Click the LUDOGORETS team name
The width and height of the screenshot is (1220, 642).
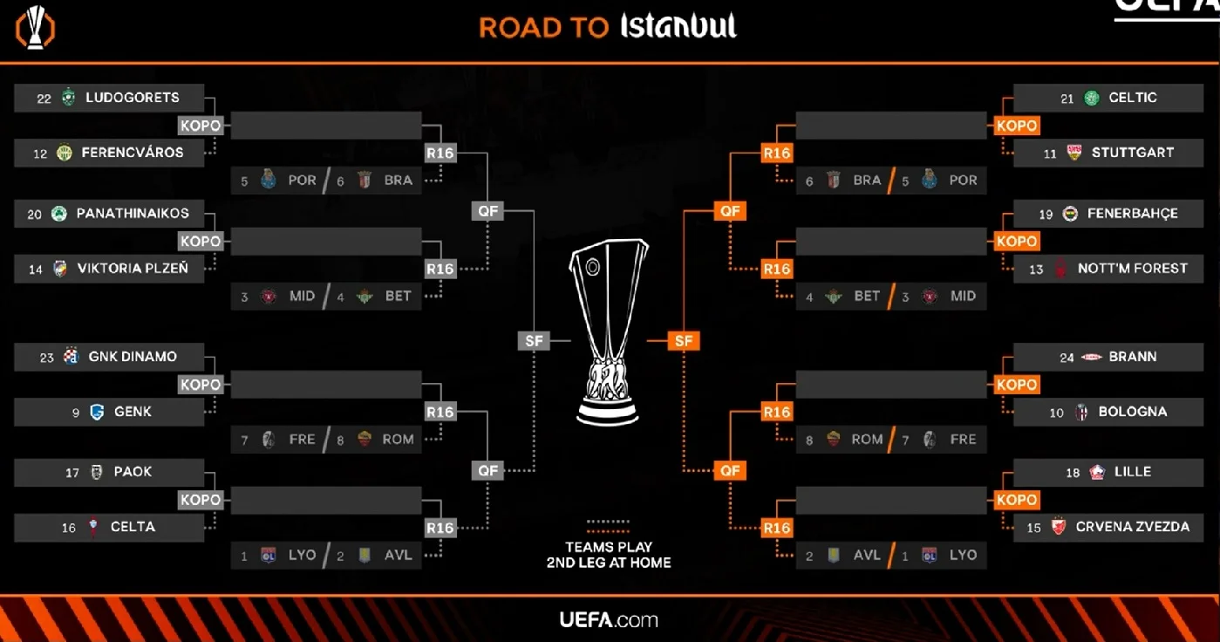pyautogui.click(x=133, y=98)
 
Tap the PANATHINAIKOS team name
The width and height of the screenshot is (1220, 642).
pyautogui.click(x=133, y=214)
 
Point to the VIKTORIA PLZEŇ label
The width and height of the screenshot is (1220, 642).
pyautogui.click(x=133, y=269)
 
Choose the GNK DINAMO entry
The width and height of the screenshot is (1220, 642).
pyautogui.click(x=133, y=357)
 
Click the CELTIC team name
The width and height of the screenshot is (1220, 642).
pyautogui.click(x=1133, y=98)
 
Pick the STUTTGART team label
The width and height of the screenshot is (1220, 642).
pyautogui.click(x=1133, y=153)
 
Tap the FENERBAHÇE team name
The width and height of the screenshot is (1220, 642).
pyautogui.click(x=1133, y=214)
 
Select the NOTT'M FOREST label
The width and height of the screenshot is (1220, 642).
pyautogui.click(x=1133, y=269)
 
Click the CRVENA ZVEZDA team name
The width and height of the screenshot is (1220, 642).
pyautogui.click(x=1133, y=527)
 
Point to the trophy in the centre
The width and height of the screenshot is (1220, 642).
pyautogui.click(x=609, y=331)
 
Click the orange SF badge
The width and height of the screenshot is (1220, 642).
pyautogui.click(x=684, y=341)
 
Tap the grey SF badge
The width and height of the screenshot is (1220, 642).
pyautogui.click(x=534, y=341)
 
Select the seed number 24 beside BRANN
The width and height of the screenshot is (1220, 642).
pyautogui.click(x=1067, y=358)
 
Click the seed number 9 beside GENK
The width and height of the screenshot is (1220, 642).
pyautogui.click(x=76, y=413)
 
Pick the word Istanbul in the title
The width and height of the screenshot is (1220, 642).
pyautogui.click(x=678, y=26)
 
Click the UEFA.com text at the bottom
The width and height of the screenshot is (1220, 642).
pyautogui.click(x=609, y=620)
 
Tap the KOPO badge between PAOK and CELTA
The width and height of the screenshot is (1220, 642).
pyautogui.click(x=201, y=500)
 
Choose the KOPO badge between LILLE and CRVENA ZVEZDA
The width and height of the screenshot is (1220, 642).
pyautogui.click(x=1017, y=500)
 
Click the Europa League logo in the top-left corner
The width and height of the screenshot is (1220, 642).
pyautogui.click(x=36, y=28)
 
